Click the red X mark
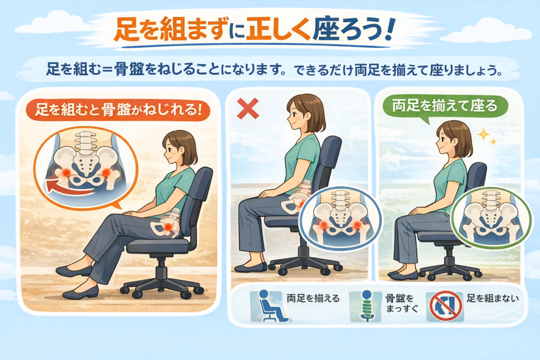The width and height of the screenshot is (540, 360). pos(248,108)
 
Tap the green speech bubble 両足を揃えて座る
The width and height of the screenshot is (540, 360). pos(445,106)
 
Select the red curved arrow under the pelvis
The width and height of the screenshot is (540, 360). pos(69,187)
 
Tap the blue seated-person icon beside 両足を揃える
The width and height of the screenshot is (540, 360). pos(272,306)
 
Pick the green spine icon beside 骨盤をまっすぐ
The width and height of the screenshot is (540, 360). pos(367,306)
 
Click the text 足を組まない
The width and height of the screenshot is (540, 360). pos(493,298)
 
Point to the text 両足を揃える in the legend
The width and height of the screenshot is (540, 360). pos(313,298)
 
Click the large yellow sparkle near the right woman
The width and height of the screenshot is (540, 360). pos(484,134)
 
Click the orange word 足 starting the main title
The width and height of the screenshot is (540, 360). pos(126,31)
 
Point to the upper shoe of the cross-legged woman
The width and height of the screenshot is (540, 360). pos(74,270)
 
